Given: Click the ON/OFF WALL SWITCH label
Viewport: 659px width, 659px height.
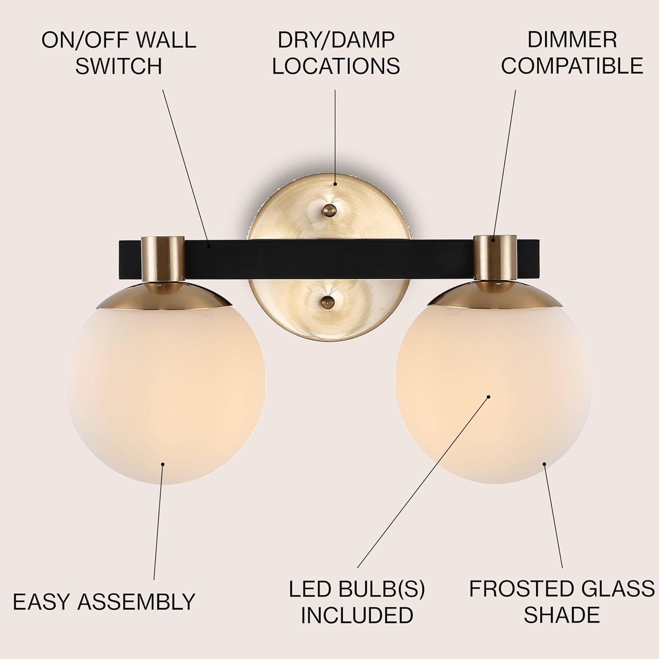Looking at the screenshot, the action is tap(119, 53).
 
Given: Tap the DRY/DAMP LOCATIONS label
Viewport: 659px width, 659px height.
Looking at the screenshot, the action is tap(336, 53).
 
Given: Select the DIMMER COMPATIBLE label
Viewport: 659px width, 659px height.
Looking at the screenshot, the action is tap(572, 53).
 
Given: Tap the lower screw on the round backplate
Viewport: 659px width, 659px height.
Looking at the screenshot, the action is tap(327, 301).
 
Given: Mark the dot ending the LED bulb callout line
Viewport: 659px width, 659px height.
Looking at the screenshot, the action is tap(488, 397).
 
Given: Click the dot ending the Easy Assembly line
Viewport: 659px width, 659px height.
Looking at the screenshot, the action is tap(163, 463).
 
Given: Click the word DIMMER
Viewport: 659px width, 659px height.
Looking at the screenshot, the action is tap(572, 40).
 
